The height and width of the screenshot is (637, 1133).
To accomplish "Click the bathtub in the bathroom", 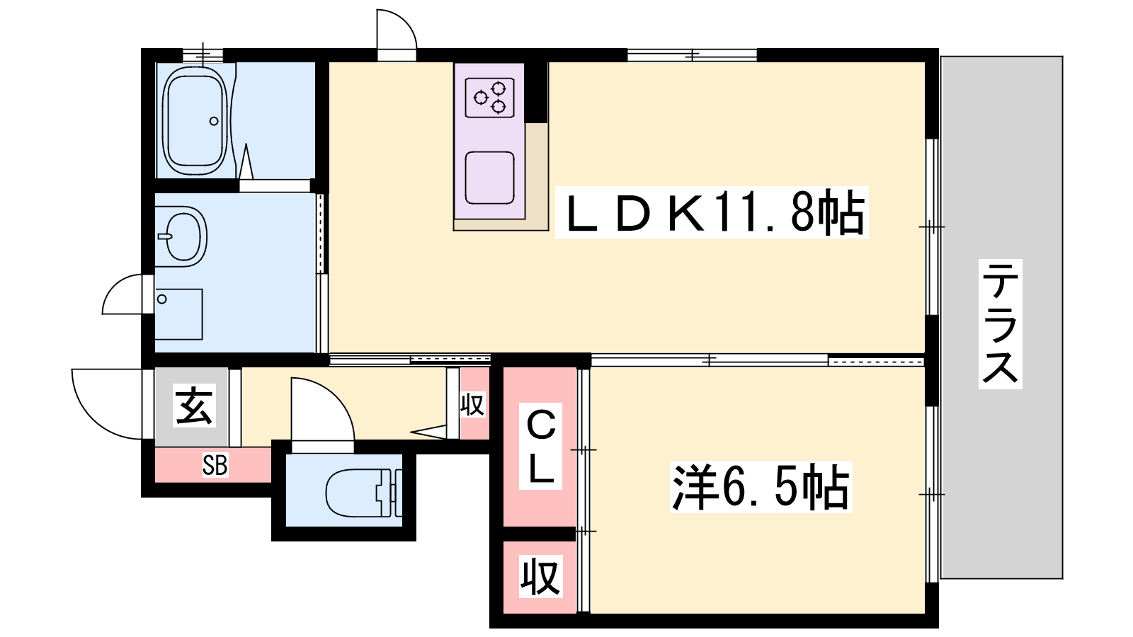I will tap(195, 120).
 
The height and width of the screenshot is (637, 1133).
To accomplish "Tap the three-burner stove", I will tap(489, 97).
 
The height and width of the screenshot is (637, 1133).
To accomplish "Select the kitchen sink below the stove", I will tap(489, 178).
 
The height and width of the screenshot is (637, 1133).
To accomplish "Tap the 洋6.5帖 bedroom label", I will tap(760, 487).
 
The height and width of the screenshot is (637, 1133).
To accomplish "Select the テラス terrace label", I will tap(1000, 323).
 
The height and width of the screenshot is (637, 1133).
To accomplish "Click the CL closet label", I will tap(541, 447).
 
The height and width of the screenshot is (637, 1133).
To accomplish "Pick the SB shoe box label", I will tap(215, 465).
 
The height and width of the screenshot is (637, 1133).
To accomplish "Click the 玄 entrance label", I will tap(193, 406).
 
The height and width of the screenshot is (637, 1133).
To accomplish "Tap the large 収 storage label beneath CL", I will tap(540, 576).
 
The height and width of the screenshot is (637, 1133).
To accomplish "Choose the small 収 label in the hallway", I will tap(472, 405).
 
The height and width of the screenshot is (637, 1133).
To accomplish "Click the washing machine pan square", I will tap(178, 314).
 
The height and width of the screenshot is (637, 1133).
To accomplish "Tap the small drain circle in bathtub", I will tap(214, 121).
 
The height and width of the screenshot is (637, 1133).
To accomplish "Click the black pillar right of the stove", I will tap(535, 92).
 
